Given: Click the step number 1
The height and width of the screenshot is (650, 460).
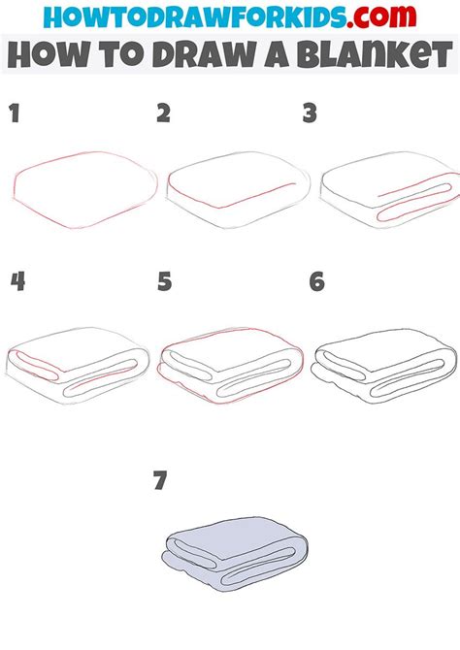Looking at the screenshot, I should click(x=15, y=114).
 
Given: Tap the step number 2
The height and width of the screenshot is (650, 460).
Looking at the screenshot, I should click(x=163, y=114).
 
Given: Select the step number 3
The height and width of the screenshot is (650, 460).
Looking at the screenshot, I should click(x=310, y=114).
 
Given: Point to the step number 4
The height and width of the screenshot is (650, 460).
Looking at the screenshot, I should click(x=16, y=281).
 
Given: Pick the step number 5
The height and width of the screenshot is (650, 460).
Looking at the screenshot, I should click(x=164, y=281).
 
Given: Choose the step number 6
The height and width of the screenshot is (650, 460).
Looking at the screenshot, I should click(x=316, y=281).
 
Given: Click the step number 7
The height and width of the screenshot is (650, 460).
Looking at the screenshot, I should click(x=160, y=479).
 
